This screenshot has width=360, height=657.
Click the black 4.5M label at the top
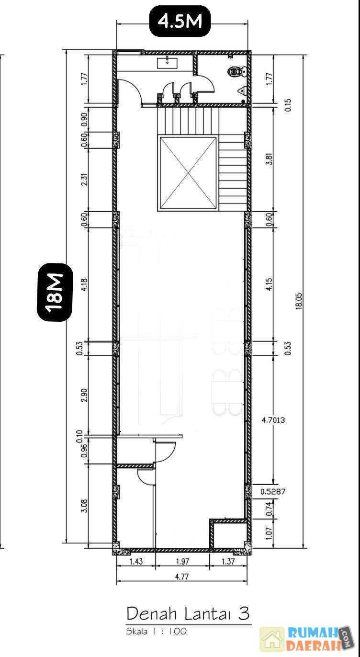pos(180,22)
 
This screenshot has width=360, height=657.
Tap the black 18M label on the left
pos(55,292)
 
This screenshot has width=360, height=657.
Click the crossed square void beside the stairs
pos(188,174)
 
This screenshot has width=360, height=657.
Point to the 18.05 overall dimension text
pos(299,301)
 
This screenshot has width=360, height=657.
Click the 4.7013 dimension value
pos(273,420)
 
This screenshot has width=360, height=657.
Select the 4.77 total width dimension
pos(182,577)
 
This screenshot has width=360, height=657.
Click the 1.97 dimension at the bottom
pos(182,561)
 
